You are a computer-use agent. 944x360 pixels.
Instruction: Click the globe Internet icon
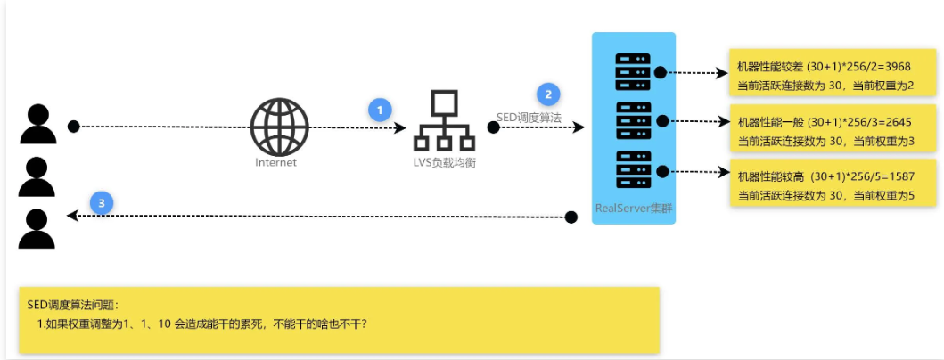pos(279,127)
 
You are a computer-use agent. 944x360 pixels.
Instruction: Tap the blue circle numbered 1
pos(381,110)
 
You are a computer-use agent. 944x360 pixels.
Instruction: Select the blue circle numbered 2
pos(547,94)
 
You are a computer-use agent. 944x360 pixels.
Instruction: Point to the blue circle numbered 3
pos(103,204)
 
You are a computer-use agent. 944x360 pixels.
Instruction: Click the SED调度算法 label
pos(529,118)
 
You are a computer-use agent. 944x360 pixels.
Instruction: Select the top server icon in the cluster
pos(634,71)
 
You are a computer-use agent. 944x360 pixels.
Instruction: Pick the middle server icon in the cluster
pos(634,120)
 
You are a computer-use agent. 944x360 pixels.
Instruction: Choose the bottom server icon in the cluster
pos(634,169)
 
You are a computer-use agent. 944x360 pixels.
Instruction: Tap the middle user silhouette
pos(37,176)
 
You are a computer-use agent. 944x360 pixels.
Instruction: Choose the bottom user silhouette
pos(37,229)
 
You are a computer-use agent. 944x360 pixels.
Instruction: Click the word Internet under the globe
pos(275,162)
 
